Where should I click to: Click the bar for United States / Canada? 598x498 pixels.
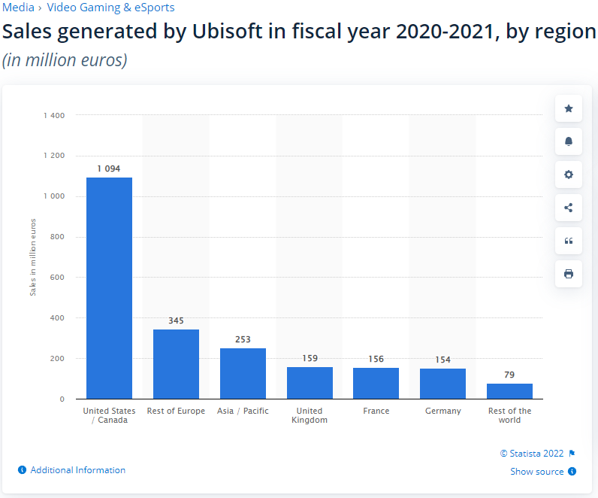(x=109, y=288)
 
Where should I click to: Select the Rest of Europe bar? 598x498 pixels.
(x=176, y=364)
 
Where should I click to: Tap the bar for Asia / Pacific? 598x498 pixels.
(x=243, y=373)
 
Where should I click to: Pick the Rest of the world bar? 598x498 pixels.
(x=509, y=391)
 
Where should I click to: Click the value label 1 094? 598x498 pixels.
(x=109, y=169)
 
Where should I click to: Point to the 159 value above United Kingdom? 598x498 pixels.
(x=310, y=358)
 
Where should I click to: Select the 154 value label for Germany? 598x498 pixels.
(x=442, y=360)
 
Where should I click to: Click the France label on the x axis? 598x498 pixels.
(x=376, y=411)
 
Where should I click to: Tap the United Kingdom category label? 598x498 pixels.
(x=310, y=415)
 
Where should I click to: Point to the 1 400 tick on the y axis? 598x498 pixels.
(x=54, y=115)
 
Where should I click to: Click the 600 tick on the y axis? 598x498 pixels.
(x=58, y=278)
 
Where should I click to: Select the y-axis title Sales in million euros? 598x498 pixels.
(x=33, y=257)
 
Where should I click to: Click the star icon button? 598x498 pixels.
(x=569, y=109)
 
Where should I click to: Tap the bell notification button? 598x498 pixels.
(x=569, y=141)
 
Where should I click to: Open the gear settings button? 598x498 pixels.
(x=569, y=175)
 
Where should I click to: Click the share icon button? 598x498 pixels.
(x=569, y=208)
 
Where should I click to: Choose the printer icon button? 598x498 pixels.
(x=569, y=274)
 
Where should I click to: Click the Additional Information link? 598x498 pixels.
(x=77, y=470)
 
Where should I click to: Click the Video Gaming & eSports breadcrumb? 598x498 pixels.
(x=110, y=8)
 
